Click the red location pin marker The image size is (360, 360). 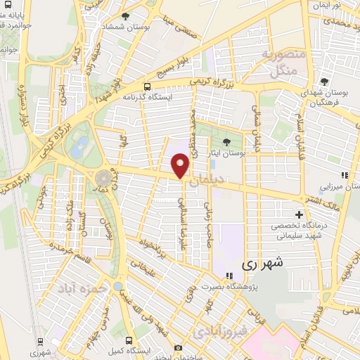[x=181, y=166]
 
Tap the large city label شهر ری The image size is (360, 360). [x=261, y=264]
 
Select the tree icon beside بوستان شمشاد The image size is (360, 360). [x=125, y=15]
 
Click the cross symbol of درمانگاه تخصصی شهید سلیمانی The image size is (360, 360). [x=300, y=214]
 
